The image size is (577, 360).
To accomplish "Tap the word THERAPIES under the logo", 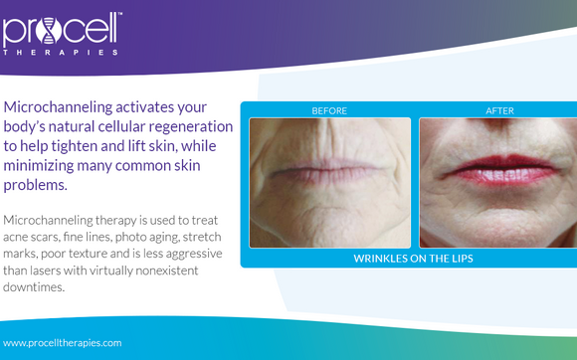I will click(62, 51).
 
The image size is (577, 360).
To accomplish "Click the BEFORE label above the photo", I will click(328, 110).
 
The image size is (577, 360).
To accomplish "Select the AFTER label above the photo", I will click(498, 110).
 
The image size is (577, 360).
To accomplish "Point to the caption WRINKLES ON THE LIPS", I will click(413, 259).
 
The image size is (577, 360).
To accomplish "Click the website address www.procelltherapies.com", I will click(63, 342).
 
